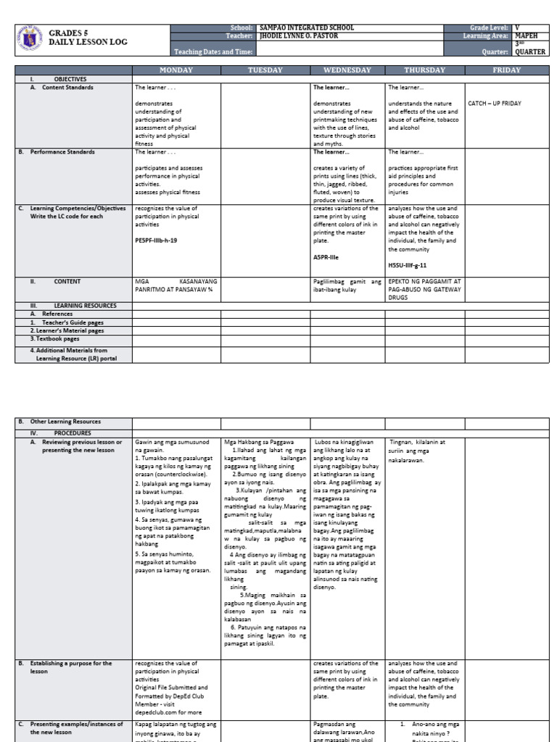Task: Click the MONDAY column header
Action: coord(176,70)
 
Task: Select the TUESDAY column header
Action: coord(265,70)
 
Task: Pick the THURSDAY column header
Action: coord(424,70)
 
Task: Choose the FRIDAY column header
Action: coord(506,70)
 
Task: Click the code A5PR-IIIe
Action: coord(326,257)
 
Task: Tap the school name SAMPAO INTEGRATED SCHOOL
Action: coord(307,28)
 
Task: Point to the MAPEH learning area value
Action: coord(527,36)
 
